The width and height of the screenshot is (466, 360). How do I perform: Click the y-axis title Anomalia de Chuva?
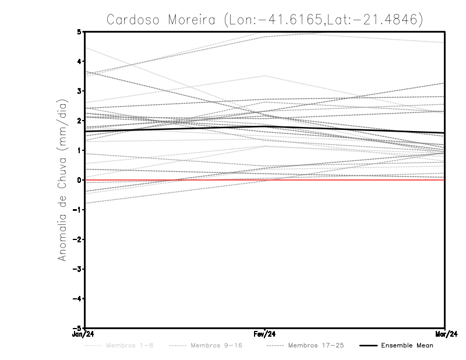62,180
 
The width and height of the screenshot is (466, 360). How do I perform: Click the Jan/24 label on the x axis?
84,334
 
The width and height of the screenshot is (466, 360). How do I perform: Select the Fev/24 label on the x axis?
265,334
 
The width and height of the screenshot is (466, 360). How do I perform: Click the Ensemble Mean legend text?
407,345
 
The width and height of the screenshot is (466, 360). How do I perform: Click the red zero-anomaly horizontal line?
349,180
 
